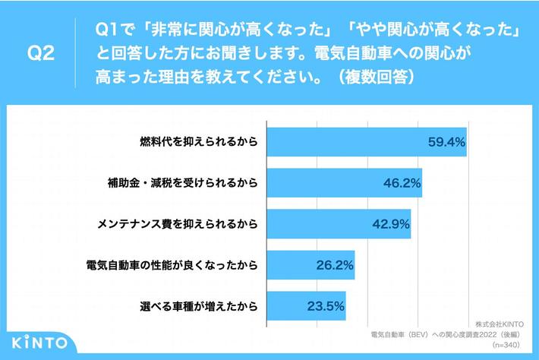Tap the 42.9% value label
pos(389,224)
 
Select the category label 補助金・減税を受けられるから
pos(182,183)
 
